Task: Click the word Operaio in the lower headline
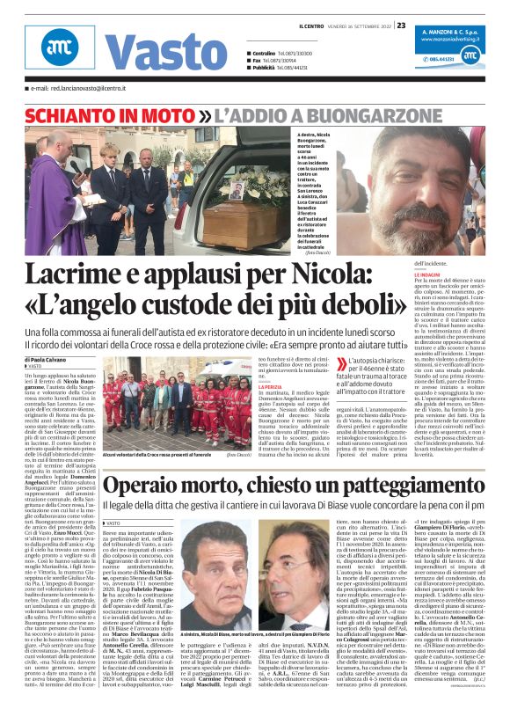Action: click(x=150, y=486)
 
